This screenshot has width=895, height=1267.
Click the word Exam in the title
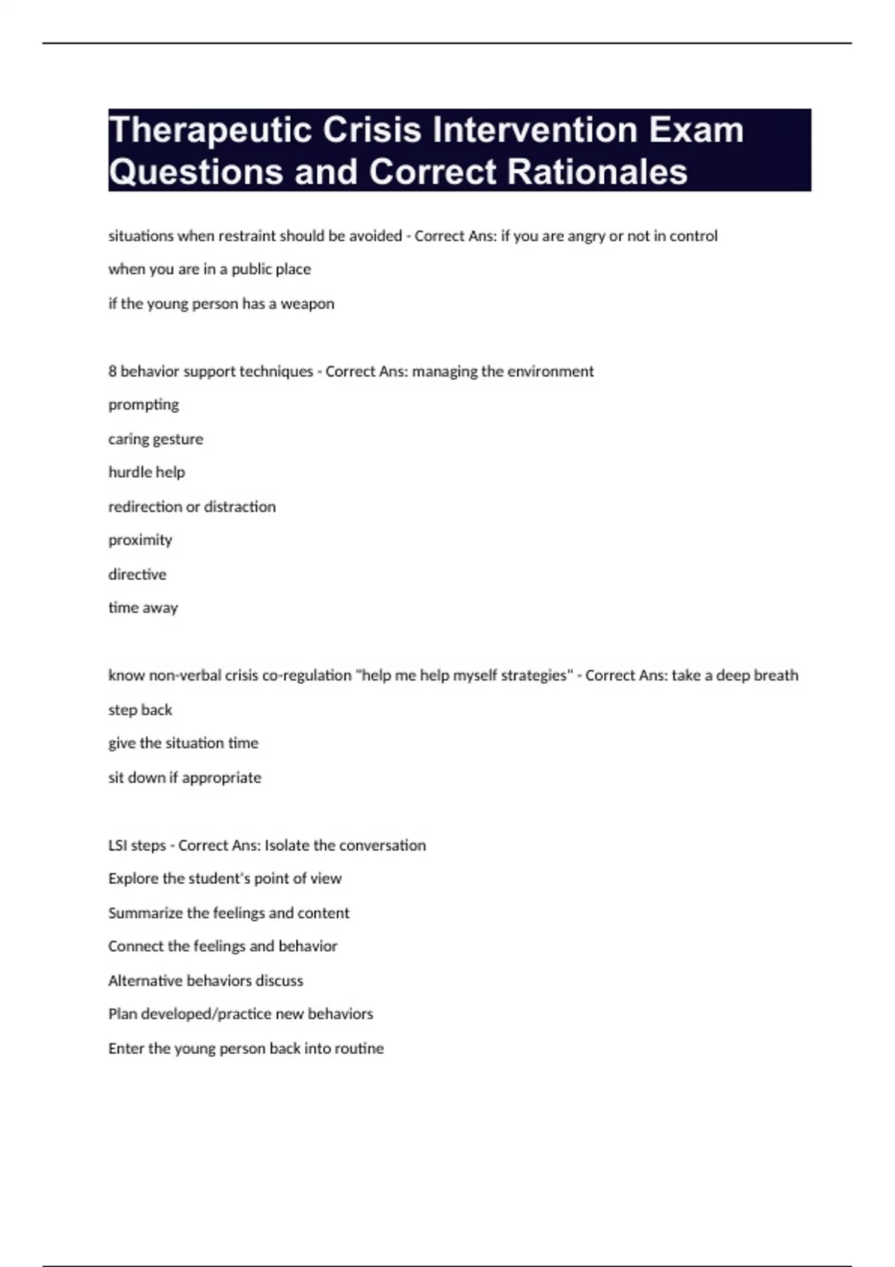[x=696, y=130]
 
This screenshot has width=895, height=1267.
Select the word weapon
[x=307, y=304]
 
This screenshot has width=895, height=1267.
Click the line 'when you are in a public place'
[x=210, y=270]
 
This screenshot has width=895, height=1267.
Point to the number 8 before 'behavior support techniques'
[x=113, y=371]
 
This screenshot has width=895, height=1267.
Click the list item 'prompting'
[x=143, y=405]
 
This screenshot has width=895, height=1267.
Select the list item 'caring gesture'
[x=155, y=439]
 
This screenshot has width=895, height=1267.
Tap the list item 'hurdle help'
[x=146, y=473]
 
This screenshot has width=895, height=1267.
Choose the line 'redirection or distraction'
[x=192, y=507]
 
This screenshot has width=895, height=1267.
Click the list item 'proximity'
[x=140, y=540]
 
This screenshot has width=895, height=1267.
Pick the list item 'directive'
[x=137, y=575]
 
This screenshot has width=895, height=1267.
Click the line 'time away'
[x=143, y=608]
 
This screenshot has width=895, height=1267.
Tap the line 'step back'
[x=140, y=710]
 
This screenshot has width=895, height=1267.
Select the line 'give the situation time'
[x=183, y=743]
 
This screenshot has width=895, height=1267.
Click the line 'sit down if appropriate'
[x=185, y=777]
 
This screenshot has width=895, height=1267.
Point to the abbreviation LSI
[x=117, y=845]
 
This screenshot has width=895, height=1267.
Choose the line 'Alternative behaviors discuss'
[x=206, y=981]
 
